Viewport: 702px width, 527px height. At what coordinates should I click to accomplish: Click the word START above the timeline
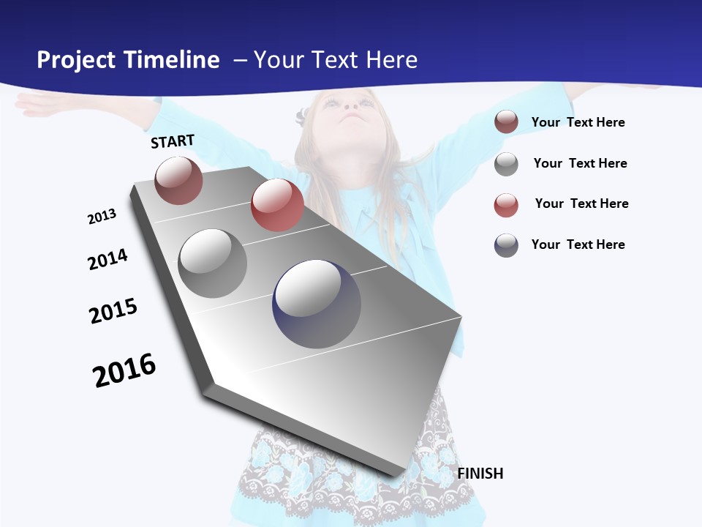(x=173, y=141)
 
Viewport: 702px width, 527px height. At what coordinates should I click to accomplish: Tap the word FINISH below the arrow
(x=480, y=474)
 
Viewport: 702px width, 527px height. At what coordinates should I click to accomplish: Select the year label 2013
(x=102, y=217)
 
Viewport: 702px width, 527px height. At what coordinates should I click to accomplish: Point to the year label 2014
(x=107, y=259)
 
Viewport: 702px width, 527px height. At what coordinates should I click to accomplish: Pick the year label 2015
(x=113, y=311)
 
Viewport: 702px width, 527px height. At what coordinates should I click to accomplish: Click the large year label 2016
(x=124, y=370)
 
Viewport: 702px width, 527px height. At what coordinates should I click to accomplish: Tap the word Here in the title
(x=391, y=60)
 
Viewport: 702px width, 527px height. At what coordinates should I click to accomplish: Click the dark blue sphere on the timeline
(x=317, y=304)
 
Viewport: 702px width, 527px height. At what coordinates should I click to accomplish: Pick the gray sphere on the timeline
(x=213, y=263)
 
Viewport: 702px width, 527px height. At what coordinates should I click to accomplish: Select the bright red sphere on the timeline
(x=277, y=205)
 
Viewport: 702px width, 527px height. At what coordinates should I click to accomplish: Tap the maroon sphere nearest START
(x=178, y=180)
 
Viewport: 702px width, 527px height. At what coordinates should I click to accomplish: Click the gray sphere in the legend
(x=506, y=164)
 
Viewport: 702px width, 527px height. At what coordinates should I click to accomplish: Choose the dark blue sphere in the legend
(x=506, y=245)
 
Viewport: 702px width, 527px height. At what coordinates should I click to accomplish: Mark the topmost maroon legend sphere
(x=506, y=122)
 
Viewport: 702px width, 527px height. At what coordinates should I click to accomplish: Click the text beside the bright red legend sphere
(x=581, y=203)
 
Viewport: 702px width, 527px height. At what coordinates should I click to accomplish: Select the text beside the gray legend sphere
(x=580, y=163)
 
